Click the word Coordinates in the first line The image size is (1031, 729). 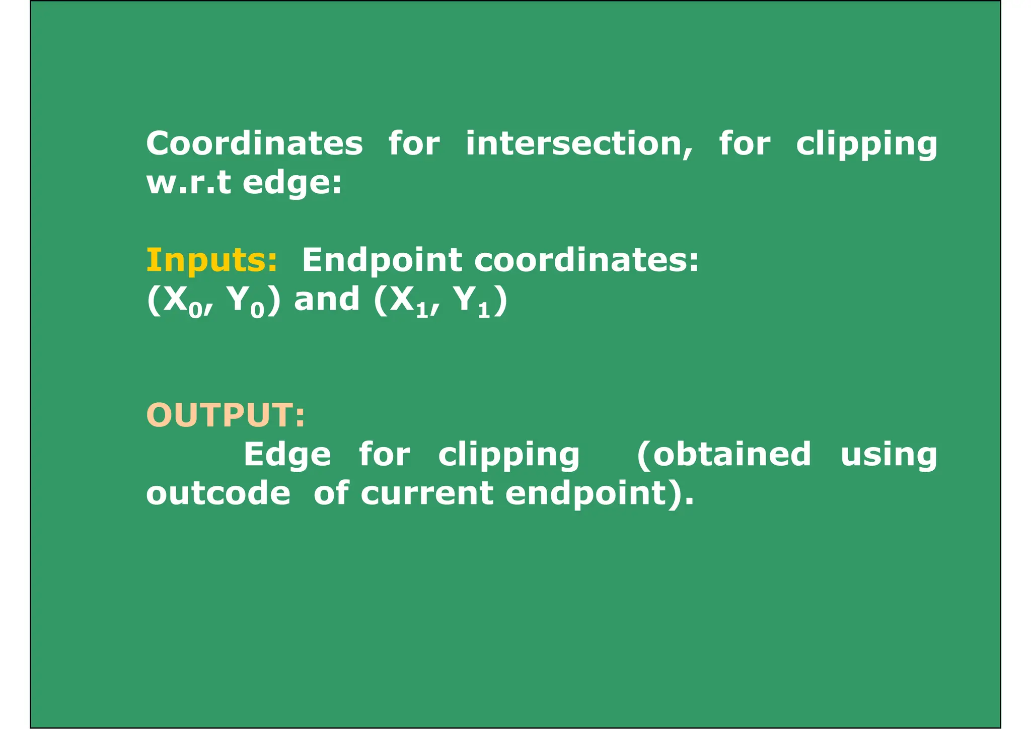tap(254, 143)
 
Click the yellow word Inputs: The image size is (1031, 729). tap(211, 260)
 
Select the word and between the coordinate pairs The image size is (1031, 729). tap(327, 299)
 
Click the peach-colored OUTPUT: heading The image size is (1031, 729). tap(226, 415)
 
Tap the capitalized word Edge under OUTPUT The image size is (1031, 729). tap(287, 455)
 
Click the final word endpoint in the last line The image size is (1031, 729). tap(586, 494)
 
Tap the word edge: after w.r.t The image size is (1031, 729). tap(292, 183)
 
